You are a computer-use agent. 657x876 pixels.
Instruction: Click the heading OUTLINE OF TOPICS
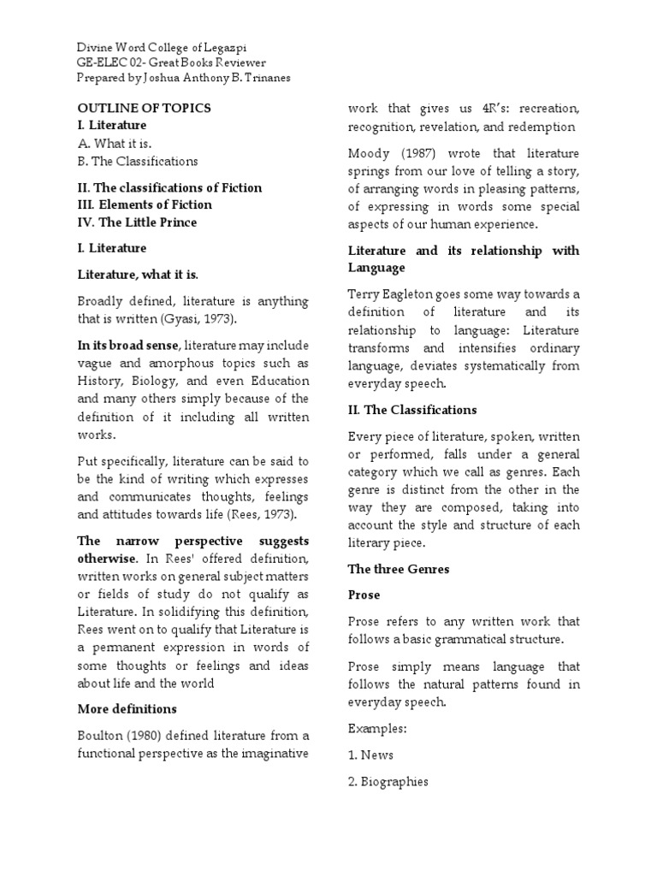(x=144, y=108)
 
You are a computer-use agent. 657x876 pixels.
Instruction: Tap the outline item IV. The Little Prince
(x=137, y=222)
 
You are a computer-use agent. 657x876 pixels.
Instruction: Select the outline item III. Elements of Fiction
(x=145, y=205)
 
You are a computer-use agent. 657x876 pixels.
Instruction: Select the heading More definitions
(x=127, y=709)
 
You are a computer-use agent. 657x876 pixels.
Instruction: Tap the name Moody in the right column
(x=369, y=153)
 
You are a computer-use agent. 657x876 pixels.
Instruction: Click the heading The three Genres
(x=399, y=569)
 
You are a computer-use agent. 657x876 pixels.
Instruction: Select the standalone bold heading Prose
(x=364, y=595)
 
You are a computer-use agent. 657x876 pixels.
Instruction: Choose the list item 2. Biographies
(x=388, y=781)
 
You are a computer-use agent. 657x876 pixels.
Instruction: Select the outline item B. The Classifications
(x=138, y=161)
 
